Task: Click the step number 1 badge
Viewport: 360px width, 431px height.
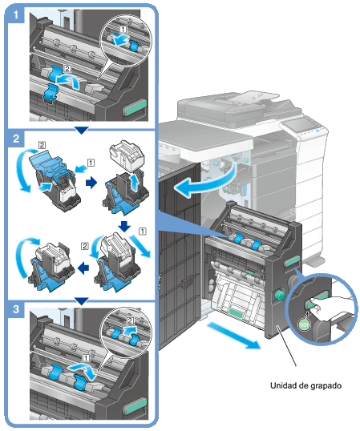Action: click(16, 14)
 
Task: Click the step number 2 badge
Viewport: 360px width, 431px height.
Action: click(16, 139)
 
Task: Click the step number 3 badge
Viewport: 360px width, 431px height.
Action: click(16, 309)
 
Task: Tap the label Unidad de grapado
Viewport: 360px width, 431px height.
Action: click(305, 385)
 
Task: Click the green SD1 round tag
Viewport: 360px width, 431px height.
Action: click(304, 325)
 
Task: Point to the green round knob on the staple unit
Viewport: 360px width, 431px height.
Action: click(280, 295)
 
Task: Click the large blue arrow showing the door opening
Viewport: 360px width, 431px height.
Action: click(206, 180)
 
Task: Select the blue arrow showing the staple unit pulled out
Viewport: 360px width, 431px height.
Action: click(233, 336)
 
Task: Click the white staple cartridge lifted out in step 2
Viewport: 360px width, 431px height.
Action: click(127, 155)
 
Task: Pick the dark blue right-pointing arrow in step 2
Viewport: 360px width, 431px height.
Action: click(91, 182)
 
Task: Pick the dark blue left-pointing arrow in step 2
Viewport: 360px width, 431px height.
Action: click(83, 268)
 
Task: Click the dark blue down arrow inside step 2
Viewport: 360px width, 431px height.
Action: click(124, 226)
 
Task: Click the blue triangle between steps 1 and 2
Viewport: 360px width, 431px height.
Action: click(82, 131)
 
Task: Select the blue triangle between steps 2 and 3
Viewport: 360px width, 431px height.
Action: click(82, 301)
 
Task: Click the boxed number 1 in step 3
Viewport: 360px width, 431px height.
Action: click(86, 357)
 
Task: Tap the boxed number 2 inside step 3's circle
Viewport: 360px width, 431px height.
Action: click(130, 320)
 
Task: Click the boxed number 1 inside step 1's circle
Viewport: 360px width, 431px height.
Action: click(123, 29)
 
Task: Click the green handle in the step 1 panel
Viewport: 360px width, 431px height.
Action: click(136, 107)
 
